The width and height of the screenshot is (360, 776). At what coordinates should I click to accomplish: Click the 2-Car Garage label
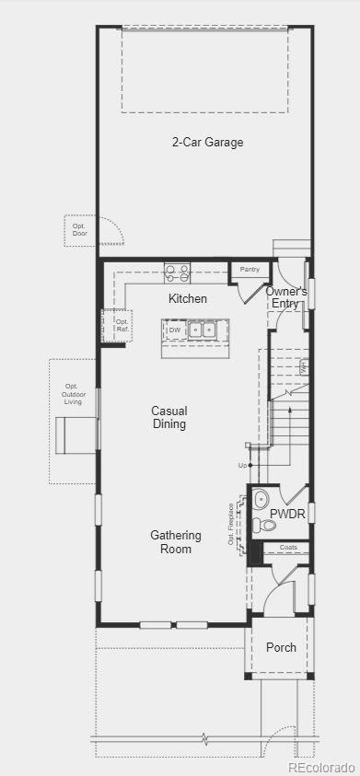207,143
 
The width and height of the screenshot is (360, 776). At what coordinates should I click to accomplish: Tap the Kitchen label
188,299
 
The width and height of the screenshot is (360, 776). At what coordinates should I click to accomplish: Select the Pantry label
250,270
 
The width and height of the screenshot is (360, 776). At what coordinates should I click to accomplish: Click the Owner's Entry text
286,297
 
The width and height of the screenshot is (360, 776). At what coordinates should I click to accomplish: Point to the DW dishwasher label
174,329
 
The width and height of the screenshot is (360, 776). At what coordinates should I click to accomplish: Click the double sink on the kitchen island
203,329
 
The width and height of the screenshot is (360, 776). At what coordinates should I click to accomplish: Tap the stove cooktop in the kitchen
177,272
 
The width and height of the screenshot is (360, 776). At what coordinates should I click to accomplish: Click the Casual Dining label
169,418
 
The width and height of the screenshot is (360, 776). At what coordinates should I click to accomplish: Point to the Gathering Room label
171,542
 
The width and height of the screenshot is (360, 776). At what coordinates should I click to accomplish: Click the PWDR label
287,514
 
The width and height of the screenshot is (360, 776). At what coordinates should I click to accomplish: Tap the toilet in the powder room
265,526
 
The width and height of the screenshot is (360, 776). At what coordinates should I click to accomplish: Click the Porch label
281,648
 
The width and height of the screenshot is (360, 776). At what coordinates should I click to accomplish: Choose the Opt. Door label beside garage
80,229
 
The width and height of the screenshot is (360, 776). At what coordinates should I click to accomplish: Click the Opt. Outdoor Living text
73,395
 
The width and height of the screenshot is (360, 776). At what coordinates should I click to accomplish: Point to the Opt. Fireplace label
231,524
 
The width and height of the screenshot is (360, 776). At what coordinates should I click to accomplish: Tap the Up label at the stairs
242,466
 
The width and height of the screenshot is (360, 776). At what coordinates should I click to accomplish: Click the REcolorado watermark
321,767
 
